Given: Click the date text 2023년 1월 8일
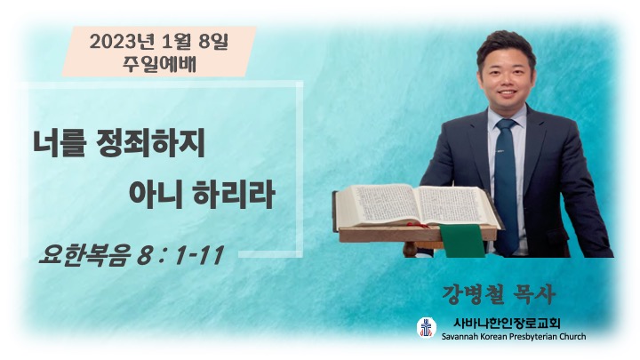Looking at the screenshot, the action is pos(159,42).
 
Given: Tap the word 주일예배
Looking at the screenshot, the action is pos(159,64).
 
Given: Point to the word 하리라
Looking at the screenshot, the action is pos(233,195).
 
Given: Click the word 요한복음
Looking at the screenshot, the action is pos(85,255).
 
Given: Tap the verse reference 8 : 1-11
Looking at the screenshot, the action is pos(180,255).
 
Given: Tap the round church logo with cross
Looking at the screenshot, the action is pos(427,327).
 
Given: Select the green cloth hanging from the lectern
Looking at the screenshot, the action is pos(462,240).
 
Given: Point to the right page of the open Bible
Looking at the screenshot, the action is pos(457,205).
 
